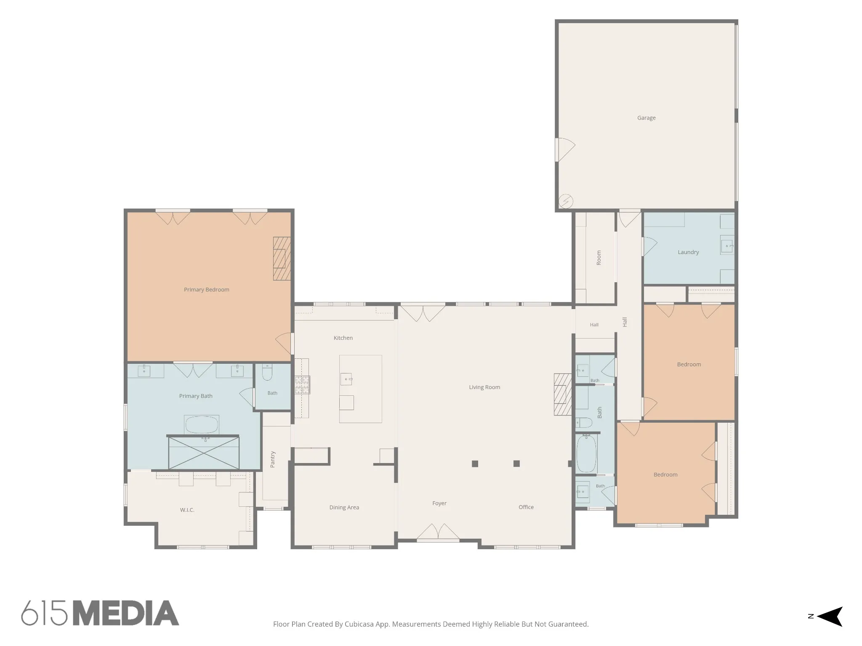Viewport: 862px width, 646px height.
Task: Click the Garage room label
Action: [x=646, y=118]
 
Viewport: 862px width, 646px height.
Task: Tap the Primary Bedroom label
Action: [x=206, y=289]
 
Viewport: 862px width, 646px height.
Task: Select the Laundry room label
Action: [x=688, y=252]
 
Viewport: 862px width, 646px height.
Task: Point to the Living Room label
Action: [x=484, y=387]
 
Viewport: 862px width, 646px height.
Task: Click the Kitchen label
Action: [x=343, y=338]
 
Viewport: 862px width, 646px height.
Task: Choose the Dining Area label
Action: [x=344, y=507]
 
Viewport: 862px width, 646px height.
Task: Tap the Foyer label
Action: [x=439, y=503]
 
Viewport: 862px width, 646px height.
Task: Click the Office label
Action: [x=526, y=507]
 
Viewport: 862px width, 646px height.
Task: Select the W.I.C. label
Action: [x=187, y=510]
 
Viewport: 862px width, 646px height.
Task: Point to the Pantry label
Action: [x=272, y=459]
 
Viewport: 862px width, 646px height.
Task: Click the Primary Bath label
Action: [x=196, y=396]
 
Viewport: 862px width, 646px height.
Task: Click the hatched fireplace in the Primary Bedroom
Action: [x=282, y=259]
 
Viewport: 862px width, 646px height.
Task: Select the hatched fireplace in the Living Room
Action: [x=562, y=394]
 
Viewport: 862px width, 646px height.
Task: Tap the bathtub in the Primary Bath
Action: [x=202, y=425]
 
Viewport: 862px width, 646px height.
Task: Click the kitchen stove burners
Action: [x=302, y=385]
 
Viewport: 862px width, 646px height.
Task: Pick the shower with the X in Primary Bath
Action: [x=204, y=453]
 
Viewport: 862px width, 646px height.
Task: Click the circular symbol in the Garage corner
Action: [x=566, y=201]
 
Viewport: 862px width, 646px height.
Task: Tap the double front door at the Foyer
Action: [x=438, y=532]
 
